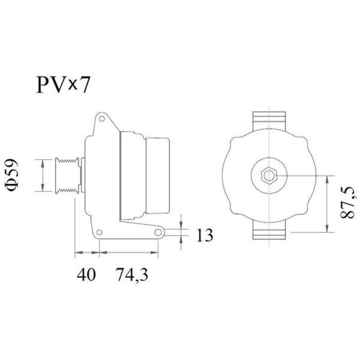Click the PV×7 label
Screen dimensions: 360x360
(63, 85)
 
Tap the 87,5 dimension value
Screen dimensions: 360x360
(348, 203)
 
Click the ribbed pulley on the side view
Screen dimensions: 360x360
(67, 175)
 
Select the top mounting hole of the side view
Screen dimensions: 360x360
(102, 119)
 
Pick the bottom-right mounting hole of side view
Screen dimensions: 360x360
(158, 233)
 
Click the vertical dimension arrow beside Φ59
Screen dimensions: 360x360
(42, 175)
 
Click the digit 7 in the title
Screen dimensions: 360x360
(84, 85)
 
